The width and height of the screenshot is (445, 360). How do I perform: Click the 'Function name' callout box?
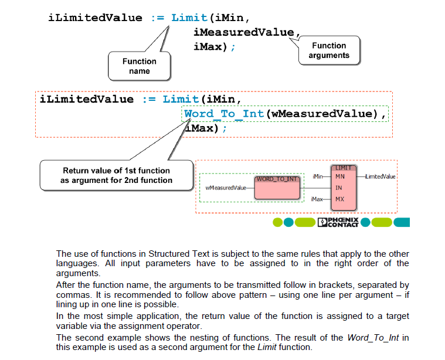(x=140, y=66)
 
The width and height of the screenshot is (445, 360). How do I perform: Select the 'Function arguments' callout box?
(x=329, y=50)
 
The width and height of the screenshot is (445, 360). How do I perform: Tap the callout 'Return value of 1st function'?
(x=116, y=175)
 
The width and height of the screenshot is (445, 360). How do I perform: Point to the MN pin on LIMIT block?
(x=339, y=176)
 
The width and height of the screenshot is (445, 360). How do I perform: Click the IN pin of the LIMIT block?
(x=339, y=188)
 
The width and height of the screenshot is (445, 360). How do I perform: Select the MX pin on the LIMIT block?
(x=339, y=199)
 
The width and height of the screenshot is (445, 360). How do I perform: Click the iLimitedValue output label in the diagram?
(x=380, y=176)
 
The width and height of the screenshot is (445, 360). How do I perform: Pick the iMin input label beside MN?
(x=318, y=176)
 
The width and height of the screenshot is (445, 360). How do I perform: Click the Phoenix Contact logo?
(x=338, y=222)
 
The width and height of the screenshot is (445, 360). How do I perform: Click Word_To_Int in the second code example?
(x=223, y=114)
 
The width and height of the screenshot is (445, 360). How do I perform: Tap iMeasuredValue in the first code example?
(x=243, y=32)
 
